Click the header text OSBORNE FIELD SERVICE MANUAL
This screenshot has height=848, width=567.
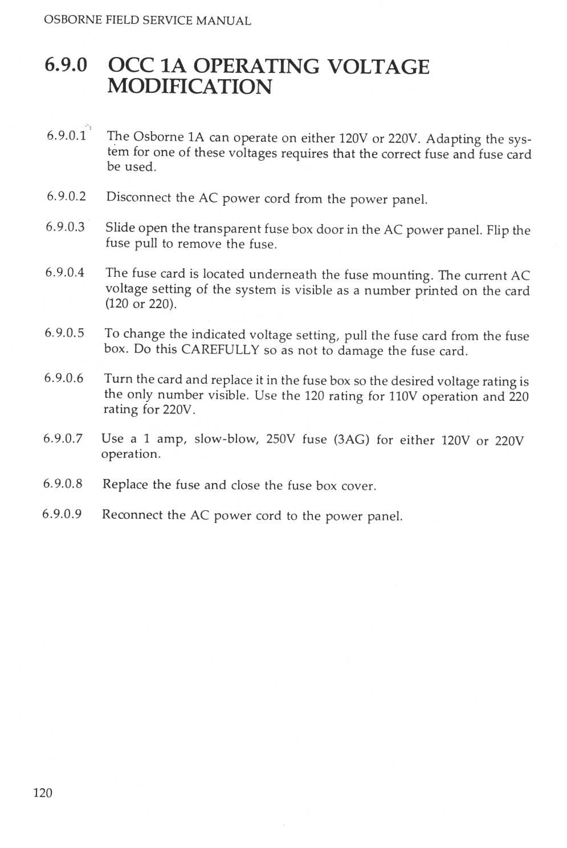(147, 21)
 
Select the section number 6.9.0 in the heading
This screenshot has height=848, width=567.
(66, 65)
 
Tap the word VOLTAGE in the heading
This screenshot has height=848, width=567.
(378, 67)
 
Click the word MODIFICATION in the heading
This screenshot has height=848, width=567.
(189, 87)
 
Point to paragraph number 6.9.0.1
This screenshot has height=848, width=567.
(67, 136)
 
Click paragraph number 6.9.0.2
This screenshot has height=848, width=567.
(66, 196)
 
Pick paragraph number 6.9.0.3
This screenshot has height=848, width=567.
(65, 227)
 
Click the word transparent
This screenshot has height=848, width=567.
(227, 228)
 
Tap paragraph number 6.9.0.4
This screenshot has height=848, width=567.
(65, 272)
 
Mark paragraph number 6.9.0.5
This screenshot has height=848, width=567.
(64, 333)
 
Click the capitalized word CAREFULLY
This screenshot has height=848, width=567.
(220, 350)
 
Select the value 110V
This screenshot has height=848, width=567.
(403, 396)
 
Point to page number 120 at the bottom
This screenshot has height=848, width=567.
(43, 793)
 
